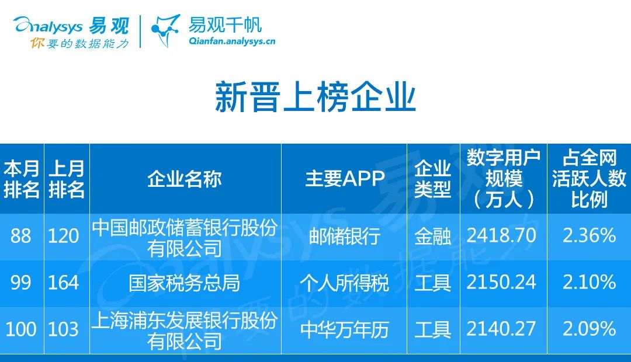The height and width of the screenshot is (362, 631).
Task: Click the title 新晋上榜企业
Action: pyautogui.click(x=315, y=96)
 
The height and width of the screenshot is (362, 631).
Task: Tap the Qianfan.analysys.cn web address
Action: pyautogui.click(x=232, y=41)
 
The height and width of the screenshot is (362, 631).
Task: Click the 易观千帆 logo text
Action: pyautogui.click(x=225, y=25)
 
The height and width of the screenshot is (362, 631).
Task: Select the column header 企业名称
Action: pyautogui.click(x=185, y=179)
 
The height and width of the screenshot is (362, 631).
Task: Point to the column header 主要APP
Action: pyautogui.click(x=345, y=179)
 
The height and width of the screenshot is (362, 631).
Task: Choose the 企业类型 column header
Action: pyautogui.click(x=432, y=179)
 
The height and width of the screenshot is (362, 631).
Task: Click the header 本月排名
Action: pyautogui.click(x=22, y=179)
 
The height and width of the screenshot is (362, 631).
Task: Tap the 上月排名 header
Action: pyautogui.click(x=67, y=179)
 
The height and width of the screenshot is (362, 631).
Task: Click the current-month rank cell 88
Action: pyautogui.click(x=21, y=236)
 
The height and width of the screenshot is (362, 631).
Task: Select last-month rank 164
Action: pyautogui.click(x=63, y=283)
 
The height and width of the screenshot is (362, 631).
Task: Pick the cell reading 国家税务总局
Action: pyautogui.click(x=185, y=283)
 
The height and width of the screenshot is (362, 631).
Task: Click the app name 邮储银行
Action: pyautogui.click(x=345, y=236)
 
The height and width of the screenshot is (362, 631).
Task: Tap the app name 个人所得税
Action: pyautogui.click(x=345, y=283)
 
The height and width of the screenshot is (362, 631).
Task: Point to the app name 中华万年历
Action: pyautogui.click(x=345, y=329)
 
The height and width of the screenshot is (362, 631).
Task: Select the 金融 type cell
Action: pyautogui.click(x=432, y=236)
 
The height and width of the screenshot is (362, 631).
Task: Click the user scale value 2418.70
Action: pyautogui.click(x=501, y=236)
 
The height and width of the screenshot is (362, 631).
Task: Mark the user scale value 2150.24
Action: pyautogui.click(x=501, y=283)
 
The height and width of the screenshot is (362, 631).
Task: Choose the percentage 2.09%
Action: pyautogui.click(x=589, y=329)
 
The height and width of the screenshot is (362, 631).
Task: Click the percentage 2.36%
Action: pyautogui.click(x=589, y=236)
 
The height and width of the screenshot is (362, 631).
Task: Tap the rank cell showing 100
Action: pyautogui.click(x=21, y=329)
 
